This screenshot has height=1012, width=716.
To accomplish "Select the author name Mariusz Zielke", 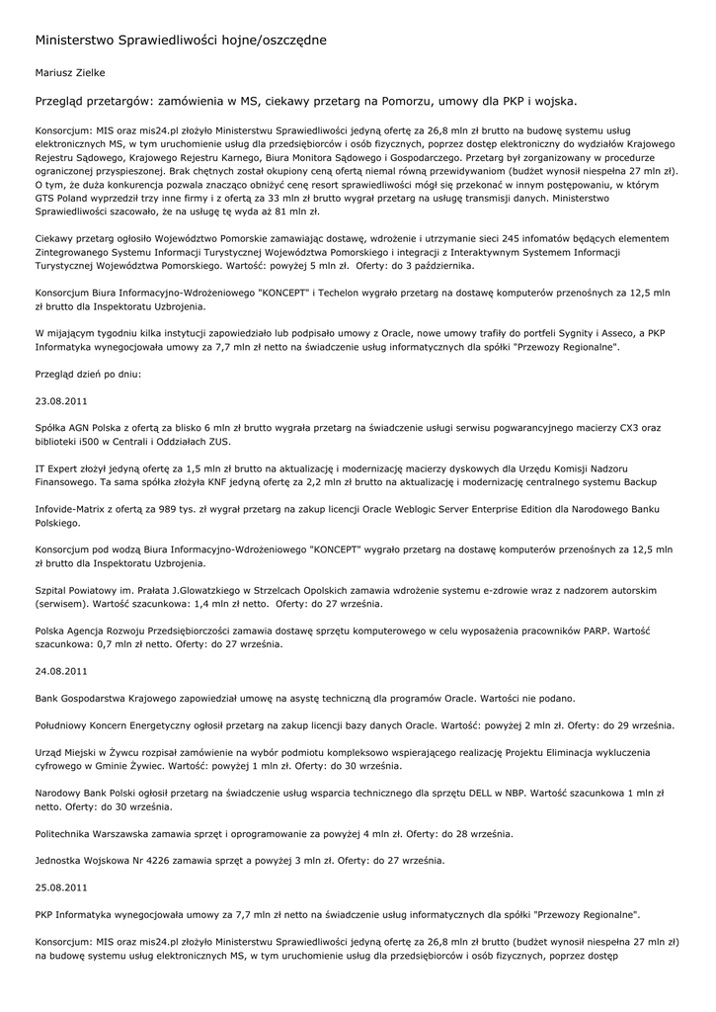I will [x=70, y=72].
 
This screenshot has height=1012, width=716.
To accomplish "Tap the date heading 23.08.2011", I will [x=61, y=401].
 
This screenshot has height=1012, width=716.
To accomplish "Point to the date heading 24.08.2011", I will [x=61, y=670].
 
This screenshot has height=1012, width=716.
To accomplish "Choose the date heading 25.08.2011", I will [x=61, y=886].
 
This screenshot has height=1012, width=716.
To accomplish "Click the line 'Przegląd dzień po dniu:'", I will [x=88, y=375].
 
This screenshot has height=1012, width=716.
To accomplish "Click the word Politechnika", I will [x=68, y=833].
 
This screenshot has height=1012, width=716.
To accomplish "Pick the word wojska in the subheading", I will [x=554, y=101].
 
